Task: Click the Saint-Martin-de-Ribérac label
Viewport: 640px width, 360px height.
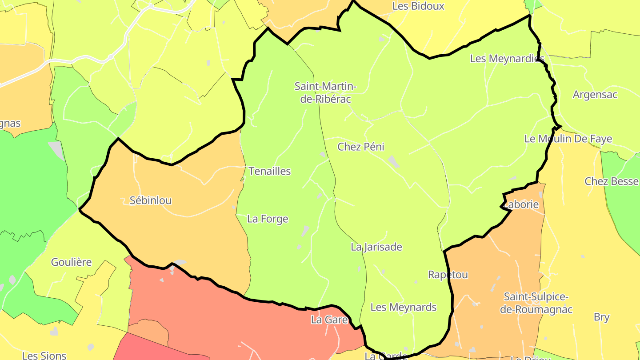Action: pyautogui.click(x=325, y=92)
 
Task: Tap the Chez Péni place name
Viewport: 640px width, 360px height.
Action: pyautogui.click(x=360, y=147)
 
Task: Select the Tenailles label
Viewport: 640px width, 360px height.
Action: pyautogui.click(x=269, y=171)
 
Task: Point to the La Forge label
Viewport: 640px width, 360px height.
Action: pyautogui.click(x=268, y=219)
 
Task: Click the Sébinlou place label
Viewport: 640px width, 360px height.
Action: pyautogui.click(x=150, y=200)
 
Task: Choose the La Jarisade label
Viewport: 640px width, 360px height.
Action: pyautogui.click(x=376, y=247)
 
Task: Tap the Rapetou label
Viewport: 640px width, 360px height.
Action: pyautogui.click(x=448, y=275)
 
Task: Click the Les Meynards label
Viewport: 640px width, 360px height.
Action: pyautogui.click(x=403, y=307)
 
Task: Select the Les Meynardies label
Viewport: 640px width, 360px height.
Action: pyautogui.click(x=507, y=59)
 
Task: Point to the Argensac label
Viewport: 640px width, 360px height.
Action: pyautogui.click(x=595, y=95)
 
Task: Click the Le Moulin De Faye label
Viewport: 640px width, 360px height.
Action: pyautogui.click(x=568, y=139)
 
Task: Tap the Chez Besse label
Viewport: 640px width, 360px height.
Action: pyautogui.click(x=612, y=181)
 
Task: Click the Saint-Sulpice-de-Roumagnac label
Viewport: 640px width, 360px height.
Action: pyautogui.click(x=536, y=303)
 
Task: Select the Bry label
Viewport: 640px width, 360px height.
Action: pyautogui.click(x=601, y=317)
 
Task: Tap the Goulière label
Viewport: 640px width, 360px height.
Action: pyautogui.click(x=71, y=262)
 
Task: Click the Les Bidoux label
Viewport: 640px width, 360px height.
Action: pyautogui.click(x=418, y=6)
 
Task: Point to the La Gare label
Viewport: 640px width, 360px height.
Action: pyautogui.click(x=329, y=320)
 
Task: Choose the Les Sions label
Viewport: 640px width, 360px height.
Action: pyautogui.click(x=44, y=356)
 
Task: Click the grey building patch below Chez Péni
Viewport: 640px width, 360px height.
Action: pyautogui.click(x=393, y=161)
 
